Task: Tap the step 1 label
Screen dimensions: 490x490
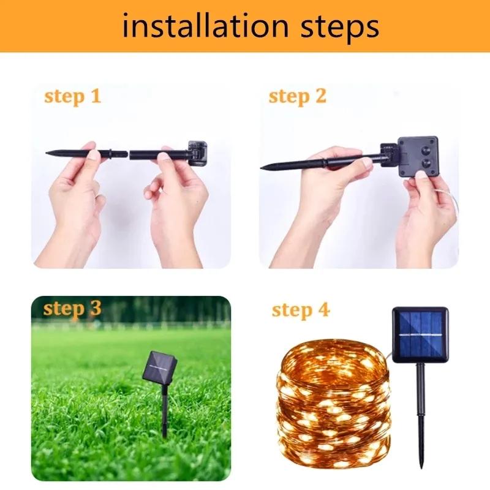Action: [72, 96]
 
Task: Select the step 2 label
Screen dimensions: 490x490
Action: [298, 96]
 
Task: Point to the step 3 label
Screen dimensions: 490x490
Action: [72, 308]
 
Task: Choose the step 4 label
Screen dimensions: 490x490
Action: [300, 310]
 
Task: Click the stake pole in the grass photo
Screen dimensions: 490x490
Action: [164, 407]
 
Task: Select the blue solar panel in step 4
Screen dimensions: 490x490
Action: [420, 335]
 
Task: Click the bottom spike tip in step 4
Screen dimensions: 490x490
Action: [421, 464]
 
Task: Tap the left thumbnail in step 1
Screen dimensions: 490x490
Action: [92, 157]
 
